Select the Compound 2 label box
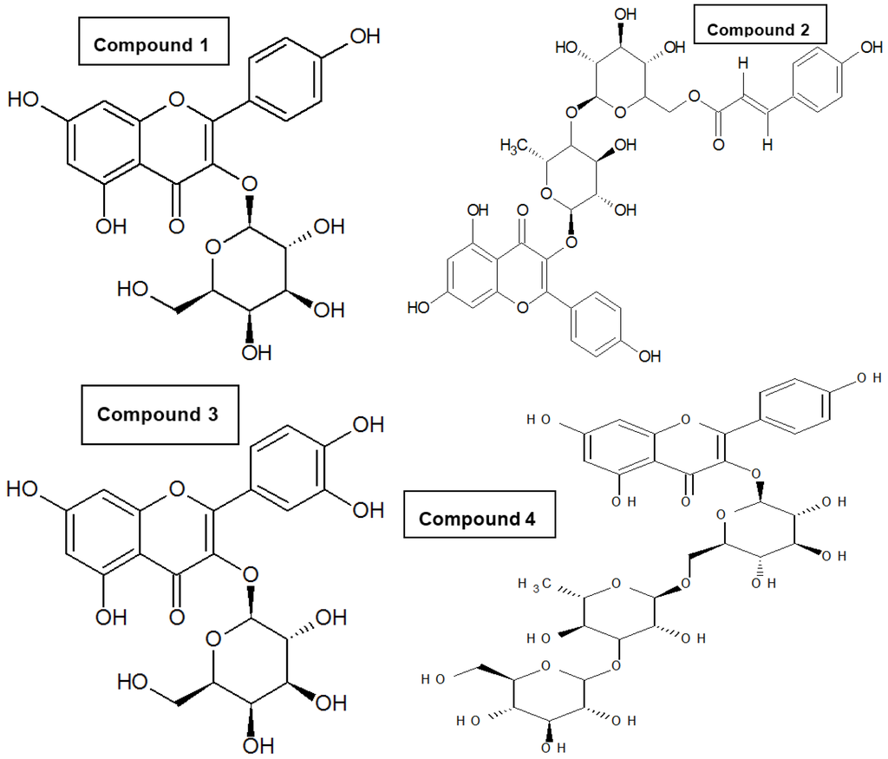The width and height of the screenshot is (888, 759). [757, 29]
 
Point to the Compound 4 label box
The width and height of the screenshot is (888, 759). [477, 519]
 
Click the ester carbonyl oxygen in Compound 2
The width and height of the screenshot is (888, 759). [718, 145]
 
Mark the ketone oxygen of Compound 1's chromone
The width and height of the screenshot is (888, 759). [177, 226]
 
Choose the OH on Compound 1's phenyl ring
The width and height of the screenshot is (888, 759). [363, 36]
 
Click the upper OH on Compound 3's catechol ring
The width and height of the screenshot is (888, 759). [365, 425]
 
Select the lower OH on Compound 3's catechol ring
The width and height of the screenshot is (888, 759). [365, 509]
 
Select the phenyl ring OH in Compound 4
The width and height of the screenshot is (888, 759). [868, 379]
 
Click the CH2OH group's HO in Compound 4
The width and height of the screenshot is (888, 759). [434, 678]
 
